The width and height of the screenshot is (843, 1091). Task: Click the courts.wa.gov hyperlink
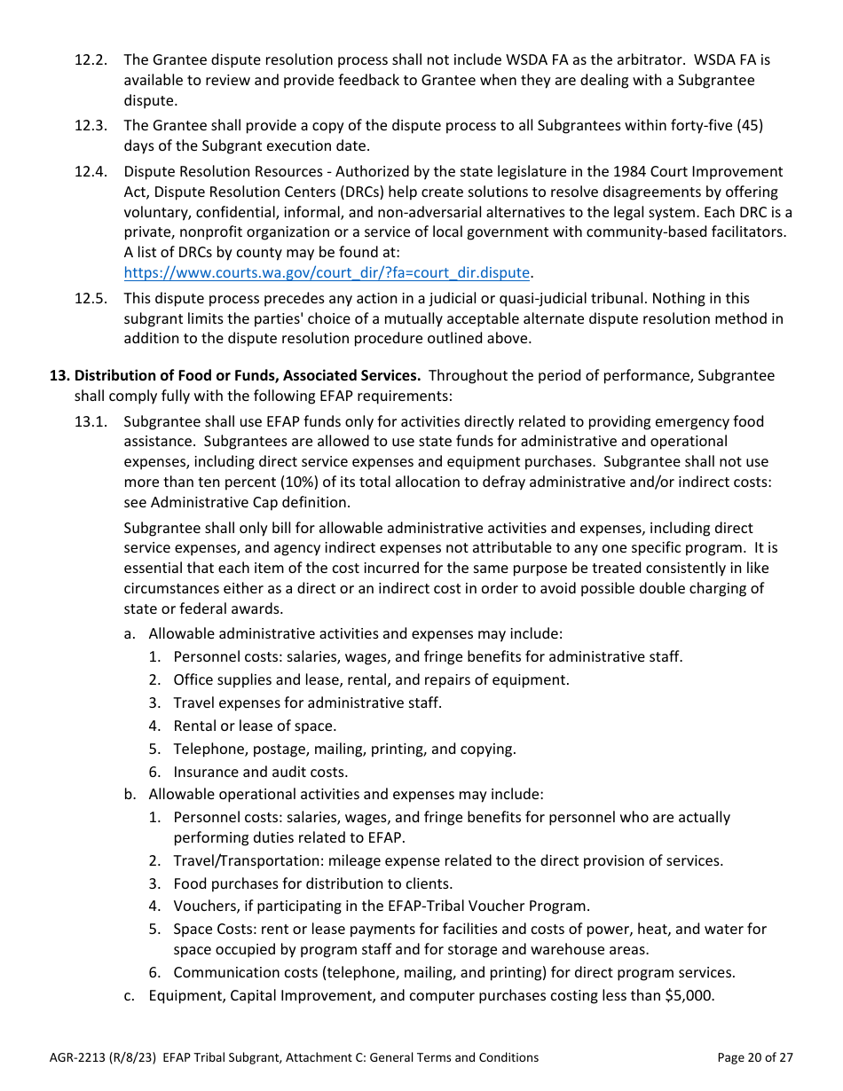(x=327, y=273)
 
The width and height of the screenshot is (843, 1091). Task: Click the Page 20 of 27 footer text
(x=754, y=1057)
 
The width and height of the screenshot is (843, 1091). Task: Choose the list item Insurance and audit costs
(x=261, y=773)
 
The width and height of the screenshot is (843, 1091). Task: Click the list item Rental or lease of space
(x=255, y=726)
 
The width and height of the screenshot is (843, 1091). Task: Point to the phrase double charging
(x=703, y=589)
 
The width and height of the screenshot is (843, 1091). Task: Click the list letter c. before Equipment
(x=130, y=996)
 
